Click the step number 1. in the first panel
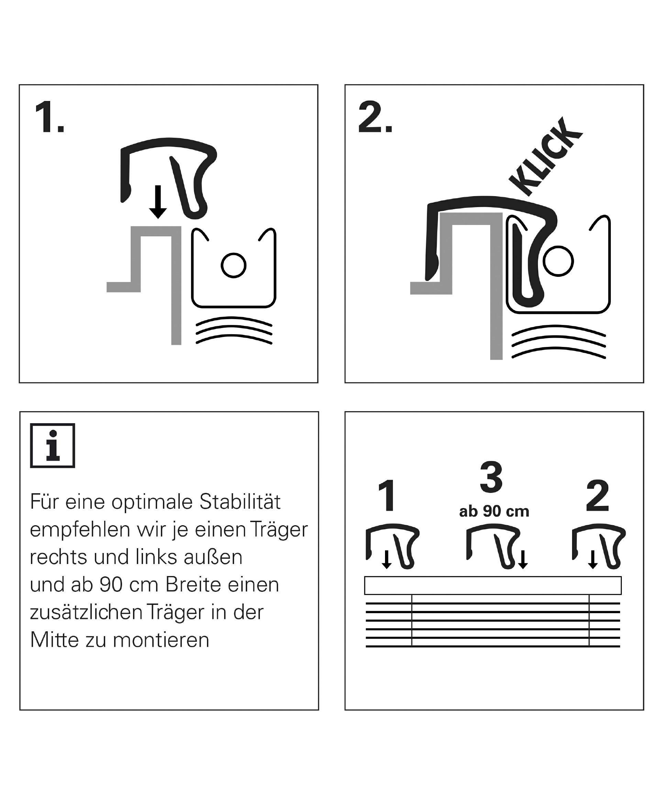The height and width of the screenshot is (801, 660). pos(49,117)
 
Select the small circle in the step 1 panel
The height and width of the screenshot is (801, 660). pos(233,265)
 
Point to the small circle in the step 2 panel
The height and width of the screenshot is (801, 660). pos(558,261)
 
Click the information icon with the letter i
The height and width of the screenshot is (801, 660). pos(53,445)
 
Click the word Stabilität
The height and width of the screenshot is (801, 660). pos(240,502)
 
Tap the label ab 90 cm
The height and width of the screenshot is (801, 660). pos(494,511)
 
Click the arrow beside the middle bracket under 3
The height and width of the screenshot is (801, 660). pos(523,559)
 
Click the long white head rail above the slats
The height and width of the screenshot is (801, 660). pos(493,585)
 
